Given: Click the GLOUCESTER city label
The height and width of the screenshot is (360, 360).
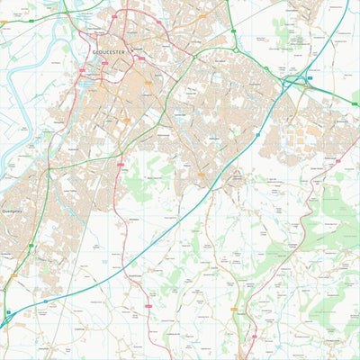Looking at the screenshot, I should pyautogui.click(x=110, y=52).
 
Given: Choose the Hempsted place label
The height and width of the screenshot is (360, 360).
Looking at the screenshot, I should pyautogui.click(x=60, y=118).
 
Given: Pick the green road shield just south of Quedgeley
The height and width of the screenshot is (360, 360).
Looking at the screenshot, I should pyautogui.click(x=31, y=245).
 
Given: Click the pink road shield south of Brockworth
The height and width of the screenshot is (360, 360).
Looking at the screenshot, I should pyautogui.click(x=338, y=163).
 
